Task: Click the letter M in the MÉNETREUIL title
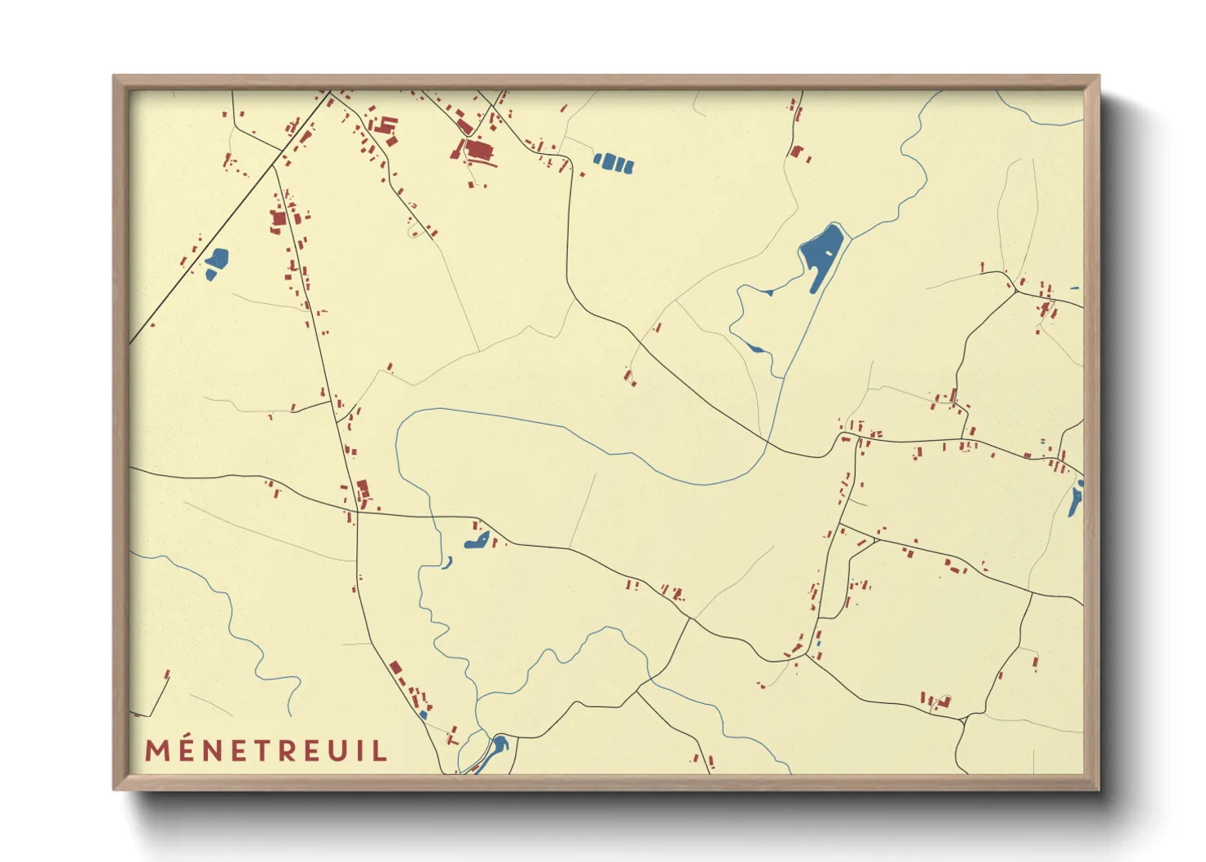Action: pos(158,750)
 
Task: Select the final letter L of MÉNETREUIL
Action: pos(380,750)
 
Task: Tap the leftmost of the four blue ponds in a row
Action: pos(599,159)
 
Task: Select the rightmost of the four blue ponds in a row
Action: pos(628,166)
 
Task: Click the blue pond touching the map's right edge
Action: pos(1076,499)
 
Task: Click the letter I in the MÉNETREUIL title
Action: pos(360,750)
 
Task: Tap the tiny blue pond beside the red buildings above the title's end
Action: pos(423,715)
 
